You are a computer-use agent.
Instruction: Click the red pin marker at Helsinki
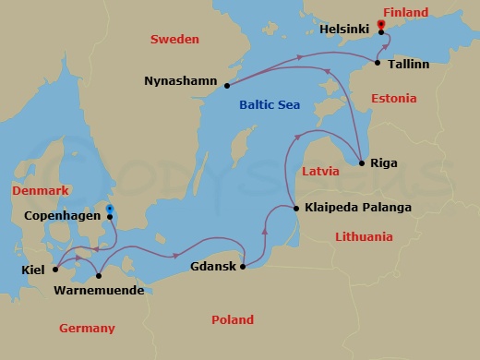pos(382,25)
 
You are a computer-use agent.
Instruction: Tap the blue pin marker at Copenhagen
pos(110,210)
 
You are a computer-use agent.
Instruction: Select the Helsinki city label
pos(344,30)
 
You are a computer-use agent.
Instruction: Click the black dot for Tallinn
pos(378,63)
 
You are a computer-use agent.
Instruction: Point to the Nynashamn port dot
pos(227,86)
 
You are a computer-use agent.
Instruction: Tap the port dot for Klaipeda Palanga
pos(296,209)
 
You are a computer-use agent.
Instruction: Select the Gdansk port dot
pos(243,267)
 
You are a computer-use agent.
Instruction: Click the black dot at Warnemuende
pos(98,274)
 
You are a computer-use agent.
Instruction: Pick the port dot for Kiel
pos(55,270)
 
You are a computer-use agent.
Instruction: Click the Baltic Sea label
pos(269,105)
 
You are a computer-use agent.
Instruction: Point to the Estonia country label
pos(393,97)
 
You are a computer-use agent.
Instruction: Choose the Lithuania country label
pos(364,236)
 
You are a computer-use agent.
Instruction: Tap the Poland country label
pos(232,319)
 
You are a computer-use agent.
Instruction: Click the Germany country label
pos(87,328)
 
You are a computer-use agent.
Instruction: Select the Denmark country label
pos(40,190)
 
